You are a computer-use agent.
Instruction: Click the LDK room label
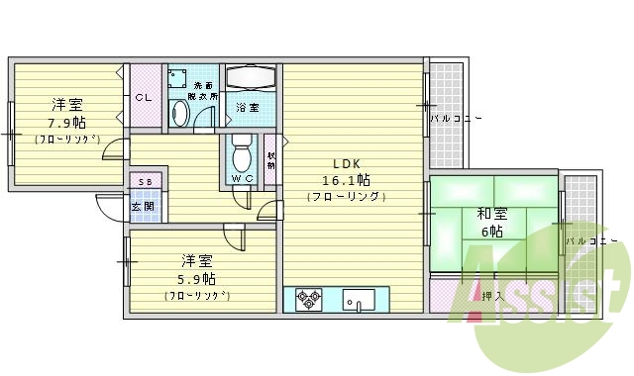point(346,163)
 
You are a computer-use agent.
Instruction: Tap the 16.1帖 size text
point(346,180)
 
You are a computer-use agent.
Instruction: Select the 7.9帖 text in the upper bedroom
point(67,123)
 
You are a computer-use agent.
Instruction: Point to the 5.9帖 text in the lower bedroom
point(197,278)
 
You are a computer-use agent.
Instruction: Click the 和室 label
point(492,213)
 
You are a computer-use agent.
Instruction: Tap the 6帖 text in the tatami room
point(492,231)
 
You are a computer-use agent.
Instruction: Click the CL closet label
point(144,97)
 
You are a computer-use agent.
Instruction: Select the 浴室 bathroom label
point(248,107)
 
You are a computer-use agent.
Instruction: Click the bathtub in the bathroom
point(253,77)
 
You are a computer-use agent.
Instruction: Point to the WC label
point(242,178)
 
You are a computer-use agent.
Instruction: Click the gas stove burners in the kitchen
point(306,298)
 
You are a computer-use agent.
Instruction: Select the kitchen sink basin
point(358,298)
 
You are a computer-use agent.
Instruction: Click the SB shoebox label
point(145,183)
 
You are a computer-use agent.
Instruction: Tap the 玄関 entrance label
point(143,207)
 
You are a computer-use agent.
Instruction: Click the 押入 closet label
point(491,295)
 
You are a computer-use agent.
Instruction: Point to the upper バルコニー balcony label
point(455,119)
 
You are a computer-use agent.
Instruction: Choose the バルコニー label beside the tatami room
point(591,240)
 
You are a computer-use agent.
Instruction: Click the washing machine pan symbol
point(179,78)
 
